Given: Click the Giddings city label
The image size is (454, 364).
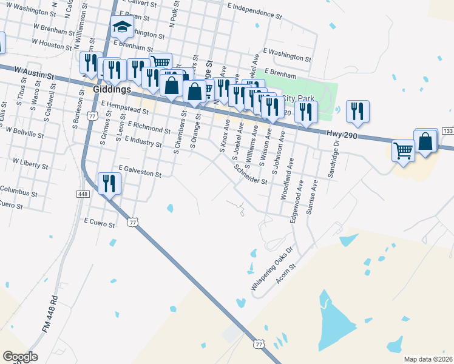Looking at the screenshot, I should click(112, 89).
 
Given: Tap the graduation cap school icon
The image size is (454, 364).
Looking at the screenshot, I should click(122, 28).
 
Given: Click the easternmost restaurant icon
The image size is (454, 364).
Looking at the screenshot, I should click(357, 111).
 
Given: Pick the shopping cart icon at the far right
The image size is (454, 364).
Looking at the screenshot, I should click(403, 150).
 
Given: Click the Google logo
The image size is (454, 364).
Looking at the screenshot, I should click(20, 357).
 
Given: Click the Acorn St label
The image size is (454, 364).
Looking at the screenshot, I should click(285, 275).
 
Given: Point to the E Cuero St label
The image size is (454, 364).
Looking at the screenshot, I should click(100, 224).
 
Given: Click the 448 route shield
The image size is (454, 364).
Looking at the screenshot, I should click(83, 194).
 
